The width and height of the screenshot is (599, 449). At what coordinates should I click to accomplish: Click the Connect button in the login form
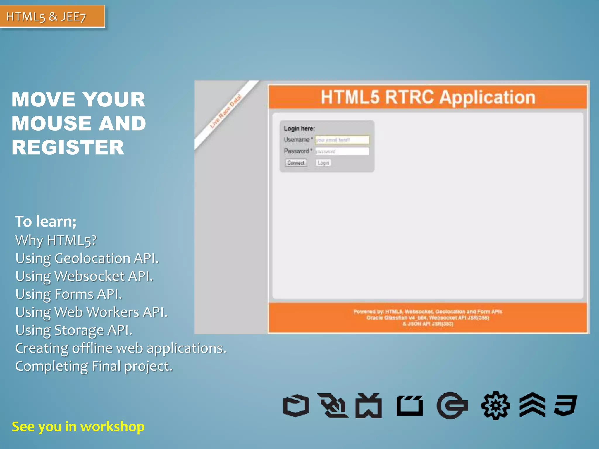click(296, 163)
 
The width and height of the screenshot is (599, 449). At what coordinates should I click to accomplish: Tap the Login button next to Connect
click(323, 163)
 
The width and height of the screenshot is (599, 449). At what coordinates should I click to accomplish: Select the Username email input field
click(342, 140)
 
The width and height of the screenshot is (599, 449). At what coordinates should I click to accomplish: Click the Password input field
click(342, 151)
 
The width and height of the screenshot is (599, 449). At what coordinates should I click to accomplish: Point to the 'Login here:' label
click(299, 129)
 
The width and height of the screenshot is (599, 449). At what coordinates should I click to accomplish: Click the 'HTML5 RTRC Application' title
click(428, 97)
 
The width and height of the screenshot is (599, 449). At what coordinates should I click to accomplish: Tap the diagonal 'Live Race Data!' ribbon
click(226, 111)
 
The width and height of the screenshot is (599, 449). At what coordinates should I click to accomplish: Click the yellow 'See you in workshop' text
click(78, 427)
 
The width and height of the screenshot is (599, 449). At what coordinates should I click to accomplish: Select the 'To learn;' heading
click(46, 221)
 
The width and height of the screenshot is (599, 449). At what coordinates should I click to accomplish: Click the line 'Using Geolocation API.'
click(87, 258)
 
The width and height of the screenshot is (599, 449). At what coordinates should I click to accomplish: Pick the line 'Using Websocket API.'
click(84, 277)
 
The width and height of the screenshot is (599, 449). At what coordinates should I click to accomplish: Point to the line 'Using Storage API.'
click(74, 330)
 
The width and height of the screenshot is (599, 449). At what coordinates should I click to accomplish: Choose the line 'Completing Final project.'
click(94, 366)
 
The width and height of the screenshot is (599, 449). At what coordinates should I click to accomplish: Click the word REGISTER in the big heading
click(68, 147)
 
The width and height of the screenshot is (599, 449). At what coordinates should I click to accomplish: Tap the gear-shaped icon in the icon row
click(495, 405)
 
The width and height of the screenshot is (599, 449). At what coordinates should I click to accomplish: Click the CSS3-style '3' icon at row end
click(565, 405)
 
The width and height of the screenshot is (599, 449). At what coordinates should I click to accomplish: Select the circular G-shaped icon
click(452, 405)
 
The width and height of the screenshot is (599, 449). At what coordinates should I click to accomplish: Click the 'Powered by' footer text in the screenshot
click(428, 318)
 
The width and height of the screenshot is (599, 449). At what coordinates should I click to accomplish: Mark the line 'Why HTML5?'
click(56, 241)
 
